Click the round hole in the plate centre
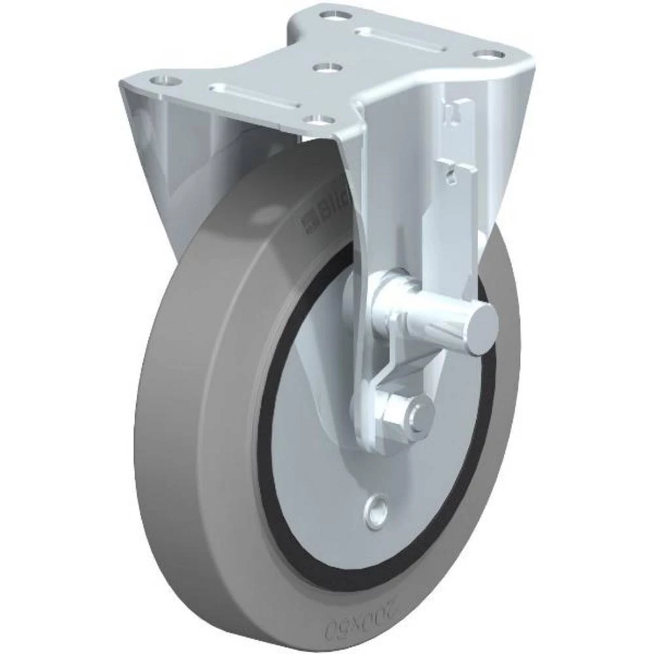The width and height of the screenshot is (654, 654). pyautogui.click(x=326, y=67)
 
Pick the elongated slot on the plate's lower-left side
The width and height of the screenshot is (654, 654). pyautogui.click(x=254, y=95)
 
